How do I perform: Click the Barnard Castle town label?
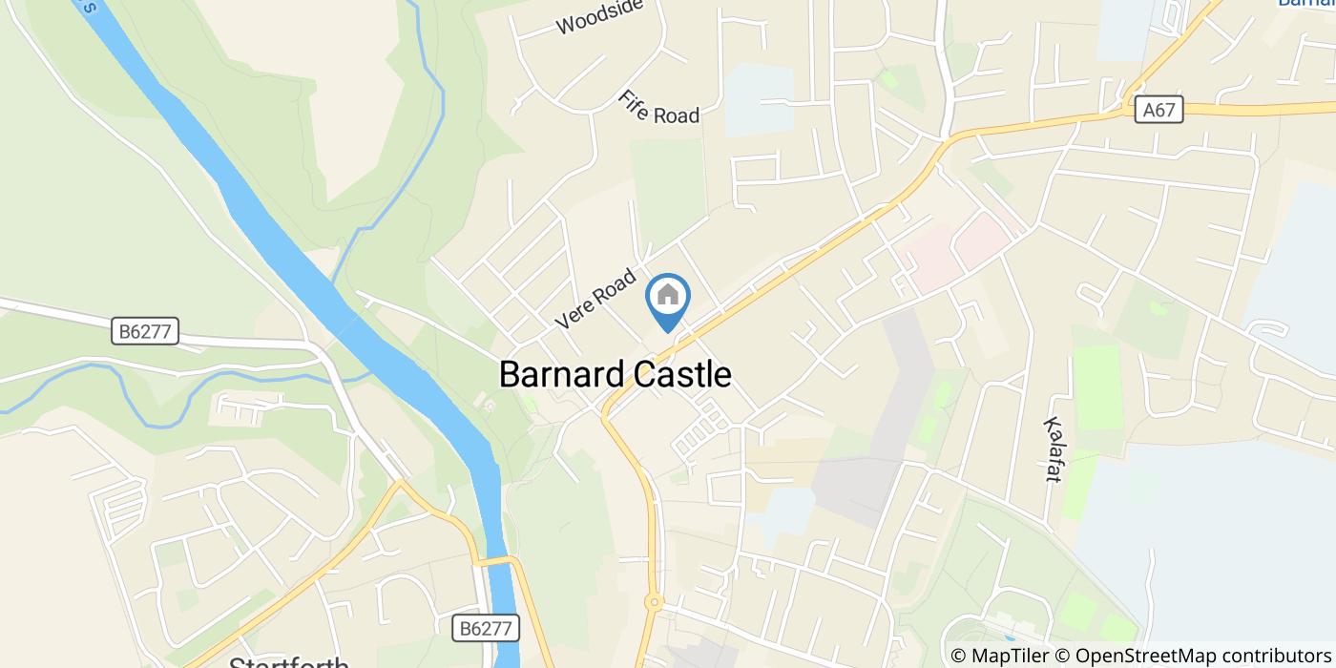click(x=615, y=374)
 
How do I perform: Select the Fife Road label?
click(x=658, y=108)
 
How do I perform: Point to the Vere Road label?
click(x=595, y=300)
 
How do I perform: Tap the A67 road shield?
click(x=1159, y=110)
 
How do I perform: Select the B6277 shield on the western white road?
click(x=145, y=331)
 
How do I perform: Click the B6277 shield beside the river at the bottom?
click(x=485, y=628)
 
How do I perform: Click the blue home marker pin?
click(x=668, y=299)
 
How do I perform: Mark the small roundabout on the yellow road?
click(x=654, y=602)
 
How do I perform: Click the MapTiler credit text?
click(x=1000, y=656)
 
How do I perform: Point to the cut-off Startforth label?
click(x=289, y=661)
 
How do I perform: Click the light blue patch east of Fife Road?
click(x=758, y=100)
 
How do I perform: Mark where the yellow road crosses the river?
click(x=498, y=561)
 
